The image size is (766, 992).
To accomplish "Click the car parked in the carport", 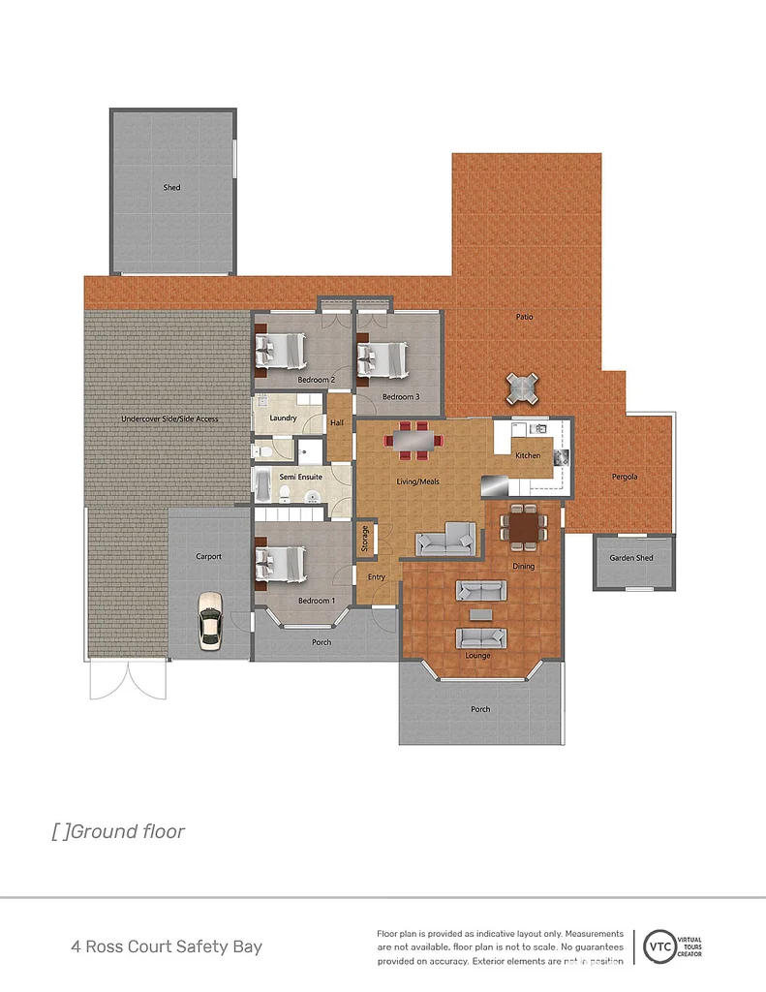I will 208,620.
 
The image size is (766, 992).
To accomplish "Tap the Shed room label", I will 171,188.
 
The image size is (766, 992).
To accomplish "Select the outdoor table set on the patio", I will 522,388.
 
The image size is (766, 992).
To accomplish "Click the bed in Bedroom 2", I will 282,351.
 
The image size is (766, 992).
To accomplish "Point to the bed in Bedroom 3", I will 383,359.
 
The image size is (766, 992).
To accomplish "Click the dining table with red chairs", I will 413,440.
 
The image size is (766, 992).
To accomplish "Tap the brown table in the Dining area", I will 524,527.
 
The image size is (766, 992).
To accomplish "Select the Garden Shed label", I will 630,558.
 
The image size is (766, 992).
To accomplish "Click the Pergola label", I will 625,477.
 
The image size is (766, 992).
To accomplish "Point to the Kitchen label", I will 528,455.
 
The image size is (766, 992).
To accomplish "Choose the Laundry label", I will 283,418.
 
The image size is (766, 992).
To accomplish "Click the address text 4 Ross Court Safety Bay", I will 167,946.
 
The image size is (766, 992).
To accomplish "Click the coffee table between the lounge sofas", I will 481,613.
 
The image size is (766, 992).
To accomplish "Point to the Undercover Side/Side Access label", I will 169,419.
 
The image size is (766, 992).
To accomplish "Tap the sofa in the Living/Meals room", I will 445,538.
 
